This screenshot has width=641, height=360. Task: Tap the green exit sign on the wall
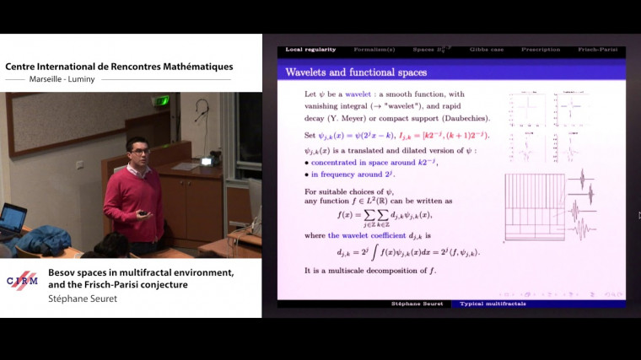(160, 100)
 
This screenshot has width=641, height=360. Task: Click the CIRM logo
(22, 282)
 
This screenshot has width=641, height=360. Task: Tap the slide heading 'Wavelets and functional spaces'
(356, 73)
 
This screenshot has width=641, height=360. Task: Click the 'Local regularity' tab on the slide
(310, 50)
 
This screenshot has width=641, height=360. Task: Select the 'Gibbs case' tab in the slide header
(486, 50)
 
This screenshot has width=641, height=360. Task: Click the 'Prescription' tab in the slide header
(540, 50)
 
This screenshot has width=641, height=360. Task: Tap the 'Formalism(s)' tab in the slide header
(374, 50)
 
